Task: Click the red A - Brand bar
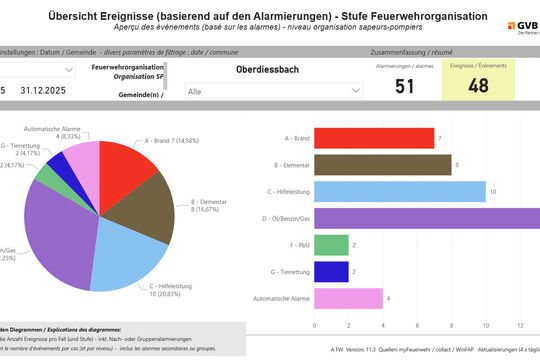pos(374,137)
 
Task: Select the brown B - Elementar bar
pos(382,164)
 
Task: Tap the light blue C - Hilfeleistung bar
pos(400,191)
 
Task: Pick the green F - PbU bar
pos(331,245)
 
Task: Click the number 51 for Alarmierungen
pos(404,86)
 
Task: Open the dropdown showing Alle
pos(273,90)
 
